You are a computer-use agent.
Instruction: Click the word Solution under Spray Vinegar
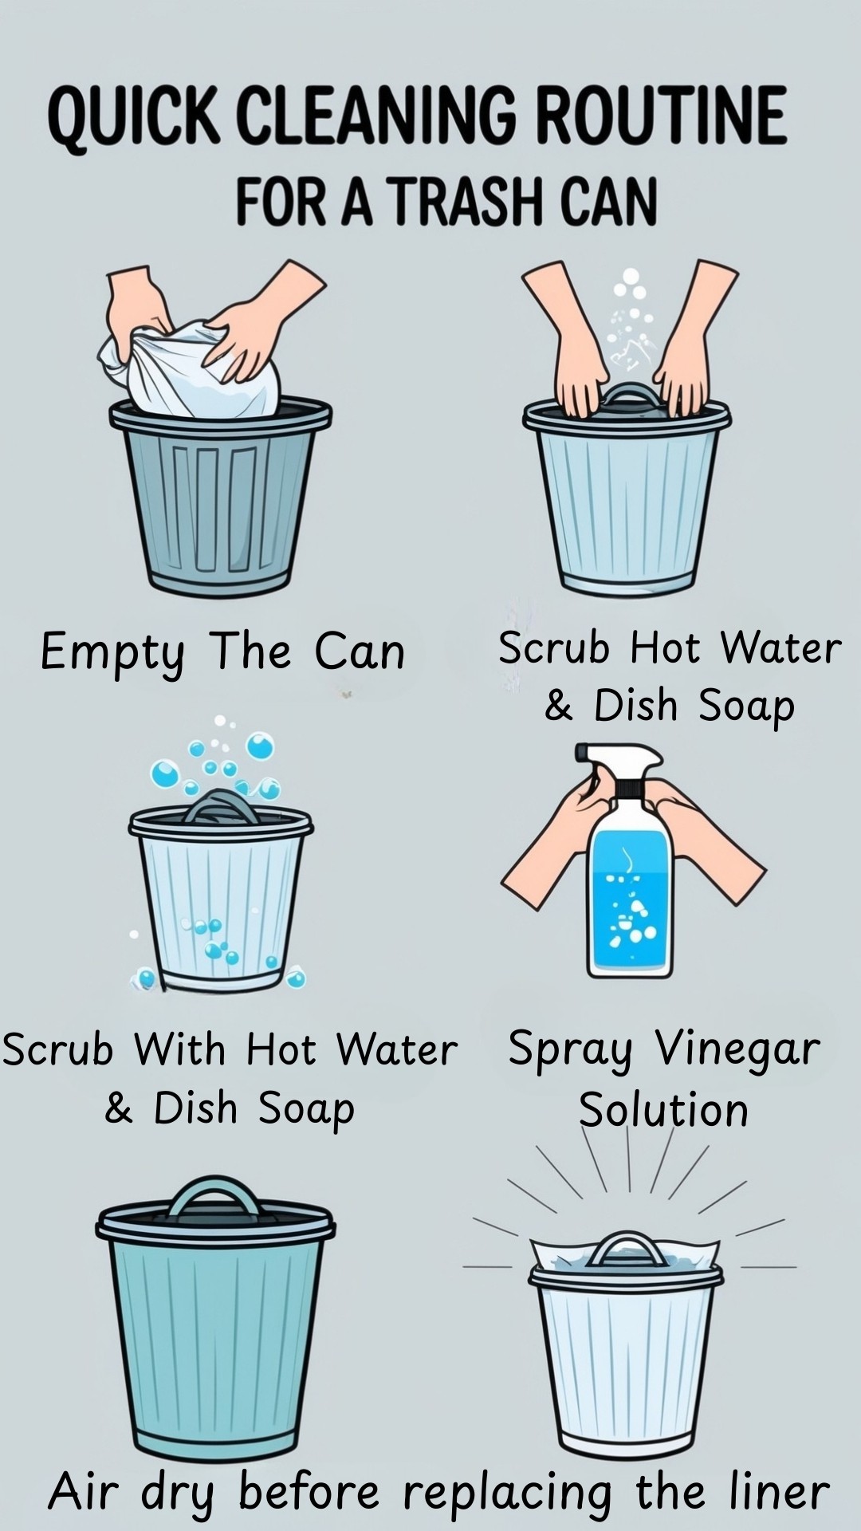point(663,1109)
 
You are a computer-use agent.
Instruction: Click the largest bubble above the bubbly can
point(260,746)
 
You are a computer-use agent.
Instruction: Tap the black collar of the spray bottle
point(627,789)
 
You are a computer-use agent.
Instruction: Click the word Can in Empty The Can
point(360,652)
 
